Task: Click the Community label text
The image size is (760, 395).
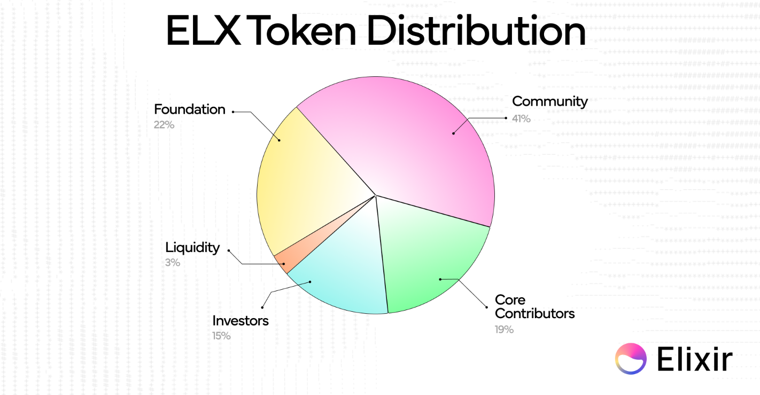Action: tap(549, 101)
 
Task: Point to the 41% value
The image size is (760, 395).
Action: tap(521, 118)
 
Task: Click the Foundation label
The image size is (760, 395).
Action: tap(190, 109)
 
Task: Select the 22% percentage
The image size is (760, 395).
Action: tap(164, 125)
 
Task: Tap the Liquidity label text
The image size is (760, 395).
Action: tap(192, 248)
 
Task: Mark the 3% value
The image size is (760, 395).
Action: tap(172, 263)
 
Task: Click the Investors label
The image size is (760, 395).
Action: tap(240, 321)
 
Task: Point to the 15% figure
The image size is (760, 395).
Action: tap(221, 336)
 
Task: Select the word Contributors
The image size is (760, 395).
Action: tap(534, 313)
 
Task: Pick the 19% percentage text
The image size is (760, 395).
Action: tap(504, 329)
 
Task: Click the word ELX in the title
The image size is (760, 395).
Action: tap(204, 30)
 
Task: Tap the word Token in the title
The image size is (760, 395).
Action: tap(304, 30)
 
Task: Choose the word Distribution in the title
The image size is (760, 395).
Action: tap(477, 30)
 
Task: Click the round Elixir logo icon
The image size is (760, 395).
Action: tap(631, 359)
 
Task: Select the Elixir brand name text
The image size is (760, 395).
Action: tap(695, 359)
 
